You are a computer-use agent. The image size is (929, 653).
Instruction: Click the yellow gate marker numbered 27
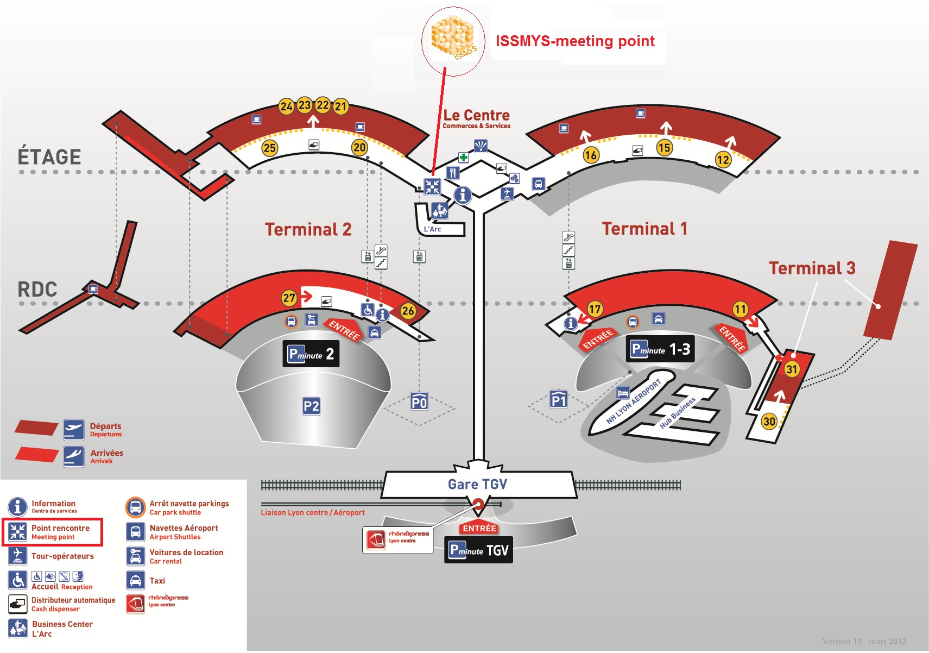click(x=289, y=298)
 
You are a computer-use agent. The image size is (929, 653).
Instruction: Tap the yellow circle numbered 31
click(x=792, y=369)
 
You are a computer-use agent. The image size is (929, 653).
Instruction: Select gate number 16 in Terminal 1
click(x=591, y=155)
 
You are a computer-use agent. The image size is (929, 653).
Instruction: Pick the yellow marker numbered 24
click(x=286, y=106)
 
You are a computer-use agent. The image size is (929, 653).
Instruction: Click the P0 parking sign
click(x=419, y=402)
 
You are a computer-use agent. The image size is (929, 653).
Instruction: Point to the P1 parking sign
click(x=559, y=400)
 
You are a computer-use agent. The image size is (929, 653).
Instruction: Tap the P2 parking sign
click(x=311, y=406)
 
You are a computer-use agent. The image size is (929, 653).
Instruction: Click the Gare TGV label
click(x=477, y=484)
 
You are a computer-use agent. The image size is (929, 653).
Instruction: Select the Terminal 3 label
click(x=812, y=268)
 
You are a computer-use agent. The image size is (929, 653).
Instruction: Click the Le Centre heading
click(x=476, y=115)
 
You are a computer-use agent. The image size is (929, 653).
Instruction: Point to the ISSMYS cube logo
click(x=453, y=37)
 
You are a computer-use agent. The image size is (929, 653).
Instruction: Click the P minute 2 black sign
click(x=311, y=354)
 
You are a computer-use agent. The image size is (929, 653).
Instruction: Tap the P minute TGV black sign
click(x=478, y=550)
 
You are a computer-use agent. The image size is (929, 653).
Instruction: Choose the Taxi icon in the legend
click(x=135, y=580)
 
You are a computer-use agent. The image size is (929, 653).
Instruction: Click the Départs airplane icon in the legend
click(x=73, y=429)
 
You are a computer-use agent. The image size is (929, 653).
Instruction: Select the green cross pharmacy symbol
click(x=463, y=158)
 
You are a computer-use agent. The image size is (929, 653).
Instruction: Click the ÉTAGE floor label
click(x=49, y=157)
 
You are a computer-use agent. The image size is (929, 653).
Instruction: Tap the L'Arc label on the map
click(x=432, y=229)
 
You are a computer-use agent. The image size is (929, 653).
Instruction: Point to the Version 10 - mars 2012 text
click(x=864, y=641)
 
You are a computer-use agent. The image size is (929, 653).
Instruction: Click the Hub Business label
click(x=677, y=413)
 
